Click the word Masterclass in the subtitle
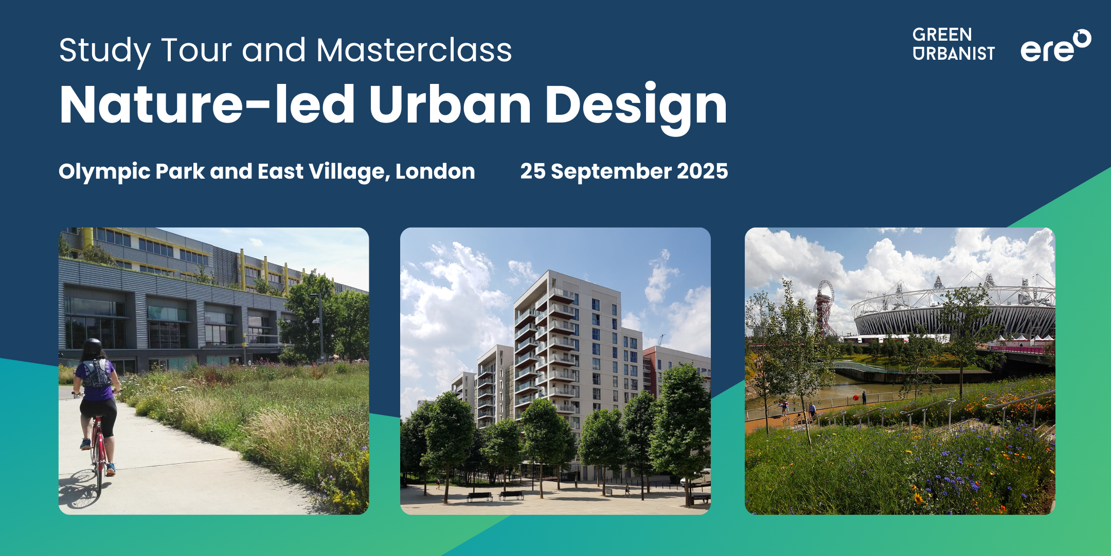414,50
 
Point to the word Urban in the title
450,104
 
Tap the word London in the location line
435,171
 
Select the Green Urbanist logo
954,44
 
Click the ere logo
1055,46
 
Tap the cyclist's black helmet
92,346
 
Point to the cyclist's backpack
96,374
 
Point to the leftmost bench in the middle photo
479,496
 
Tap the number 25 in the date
533,171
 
